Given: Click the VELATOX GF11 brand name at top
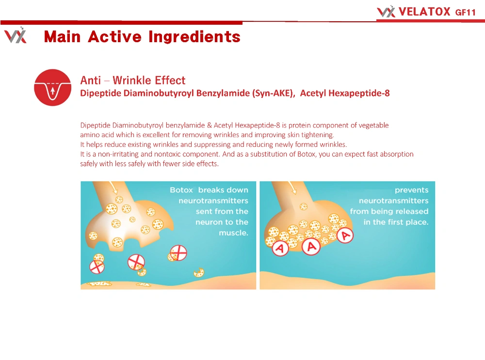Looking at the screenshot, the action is point(437,12).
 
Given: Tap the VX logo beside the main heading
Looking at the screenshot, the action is point(16,35).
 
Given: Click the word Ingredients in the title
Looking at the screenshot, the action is point(194,36).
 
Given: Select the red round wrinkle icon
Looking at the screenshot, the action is point(52,87).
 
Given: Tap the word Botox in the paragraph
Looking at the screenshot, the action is point(306,154).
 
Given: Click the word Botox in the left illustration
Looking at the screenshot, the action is point(181,190).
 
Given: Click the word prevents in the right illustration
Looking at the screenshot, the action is point(411,190).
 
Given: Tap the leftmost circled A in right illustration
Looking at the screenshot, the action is point(280,248).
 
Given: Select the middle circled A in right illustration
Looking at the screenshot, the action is point(311,247).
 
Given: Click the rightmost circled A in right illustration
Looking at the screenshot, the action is point(345,235).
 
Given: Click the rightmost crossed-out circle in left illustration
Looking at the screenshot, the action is point(178,253).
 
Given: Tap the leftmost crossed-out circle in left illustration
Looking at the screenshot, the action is point(97,266).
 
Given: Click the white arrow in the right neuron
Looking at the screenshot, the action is point(291,187).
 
